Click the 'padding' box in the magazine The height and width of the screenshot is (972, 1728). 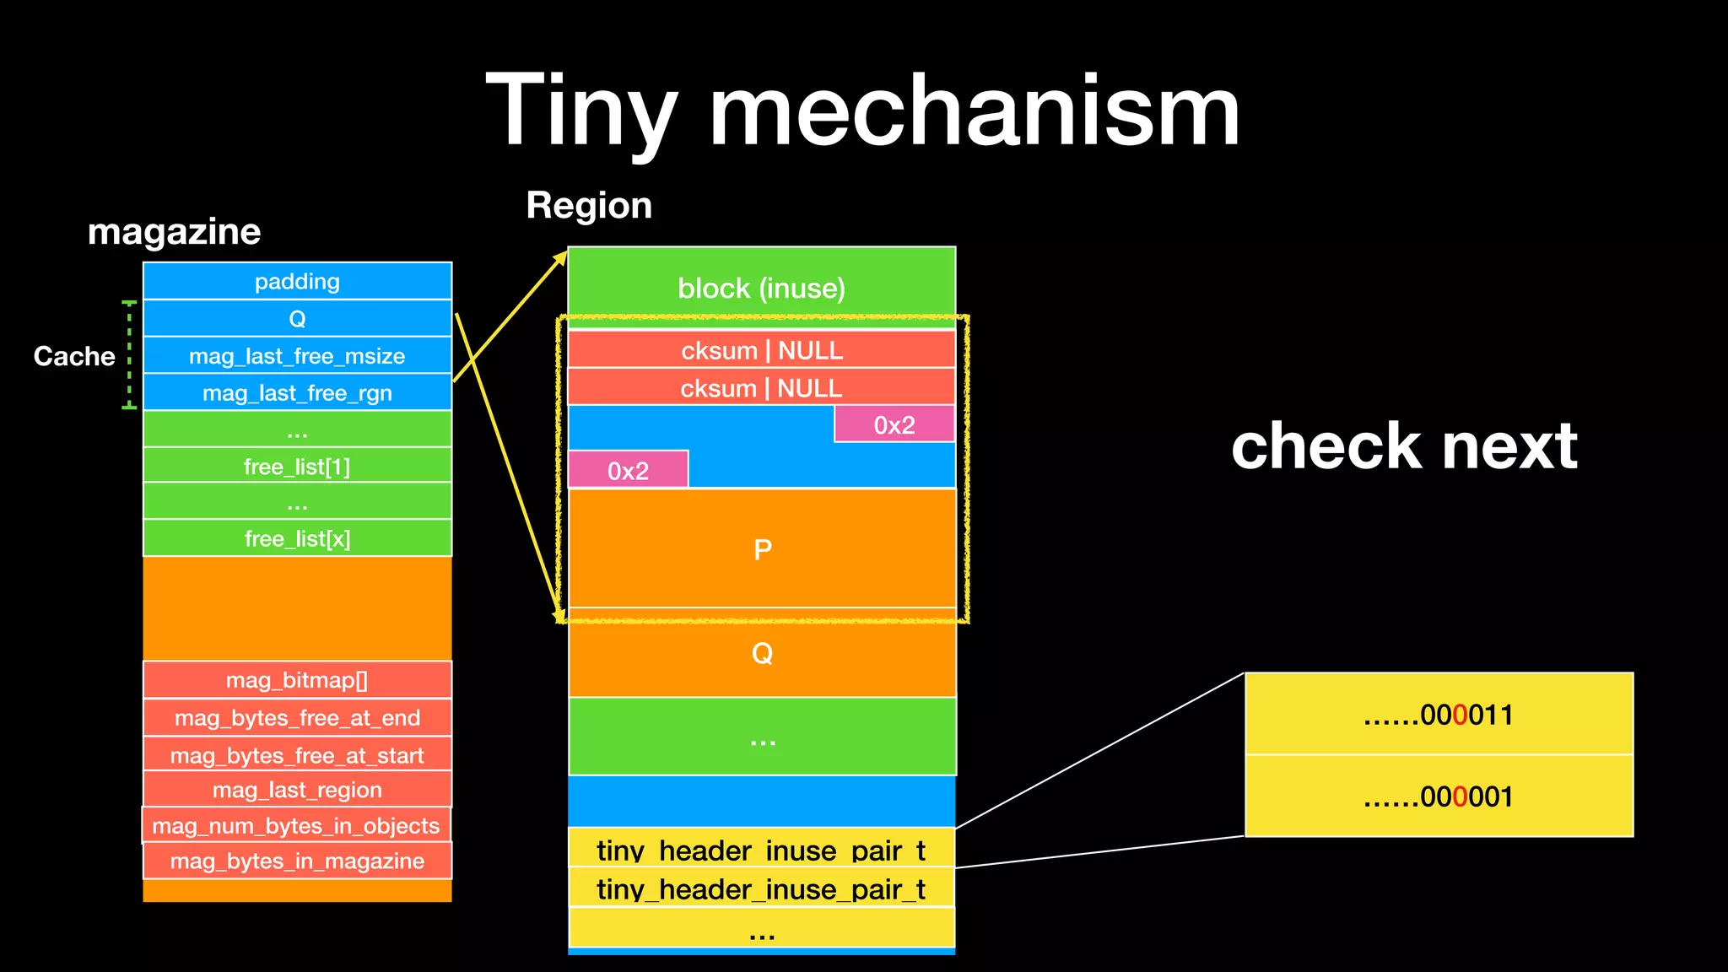tap(297, 281)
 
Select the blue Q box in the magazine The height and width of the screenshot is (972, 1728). tap(297, 318)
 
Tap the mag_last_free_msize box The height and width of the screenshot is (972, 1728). tap(297, 355)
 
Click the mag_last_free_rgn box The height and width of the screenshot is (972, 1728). tap(297, 392)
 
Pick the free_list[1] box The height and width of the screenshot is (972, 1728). tap(297, 466)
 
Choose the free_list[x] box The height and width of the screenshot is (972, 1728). tap(297, 538)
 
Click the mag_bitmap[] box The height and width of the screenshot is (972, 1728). tap(297, 680)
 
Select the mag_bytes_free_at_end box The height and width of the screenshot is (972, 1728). tap(297, 718)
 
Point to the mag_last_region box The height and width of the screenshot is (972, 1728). tap(297, 790)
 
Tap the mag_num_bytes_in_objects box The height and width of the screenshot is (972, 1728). tap(296, 825)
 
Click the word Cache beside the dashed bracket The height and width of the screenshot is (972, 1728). tap(74, 356)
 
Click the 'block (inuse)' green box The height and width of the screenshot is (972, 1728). tap(761, 288)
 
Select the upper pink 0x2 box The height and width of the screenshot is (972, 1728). tap(894, 424)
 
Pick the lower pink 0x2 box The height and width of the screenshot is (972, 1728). tap(629, 470)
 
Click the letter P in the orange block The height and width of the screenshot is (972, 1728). tap(762, 550)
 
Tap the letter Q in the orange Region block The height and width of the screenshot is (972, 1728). tap(762, 653)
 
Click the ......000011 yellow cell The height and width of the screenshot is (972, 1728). tap(1439, 715)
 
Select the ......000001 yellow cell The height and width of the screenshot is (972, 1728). tap(1439, 796)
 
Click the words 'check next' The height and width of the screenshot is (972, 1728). tap(1404, 445)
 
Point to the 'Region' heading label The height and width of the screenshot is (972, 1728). tap(589, 205)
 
